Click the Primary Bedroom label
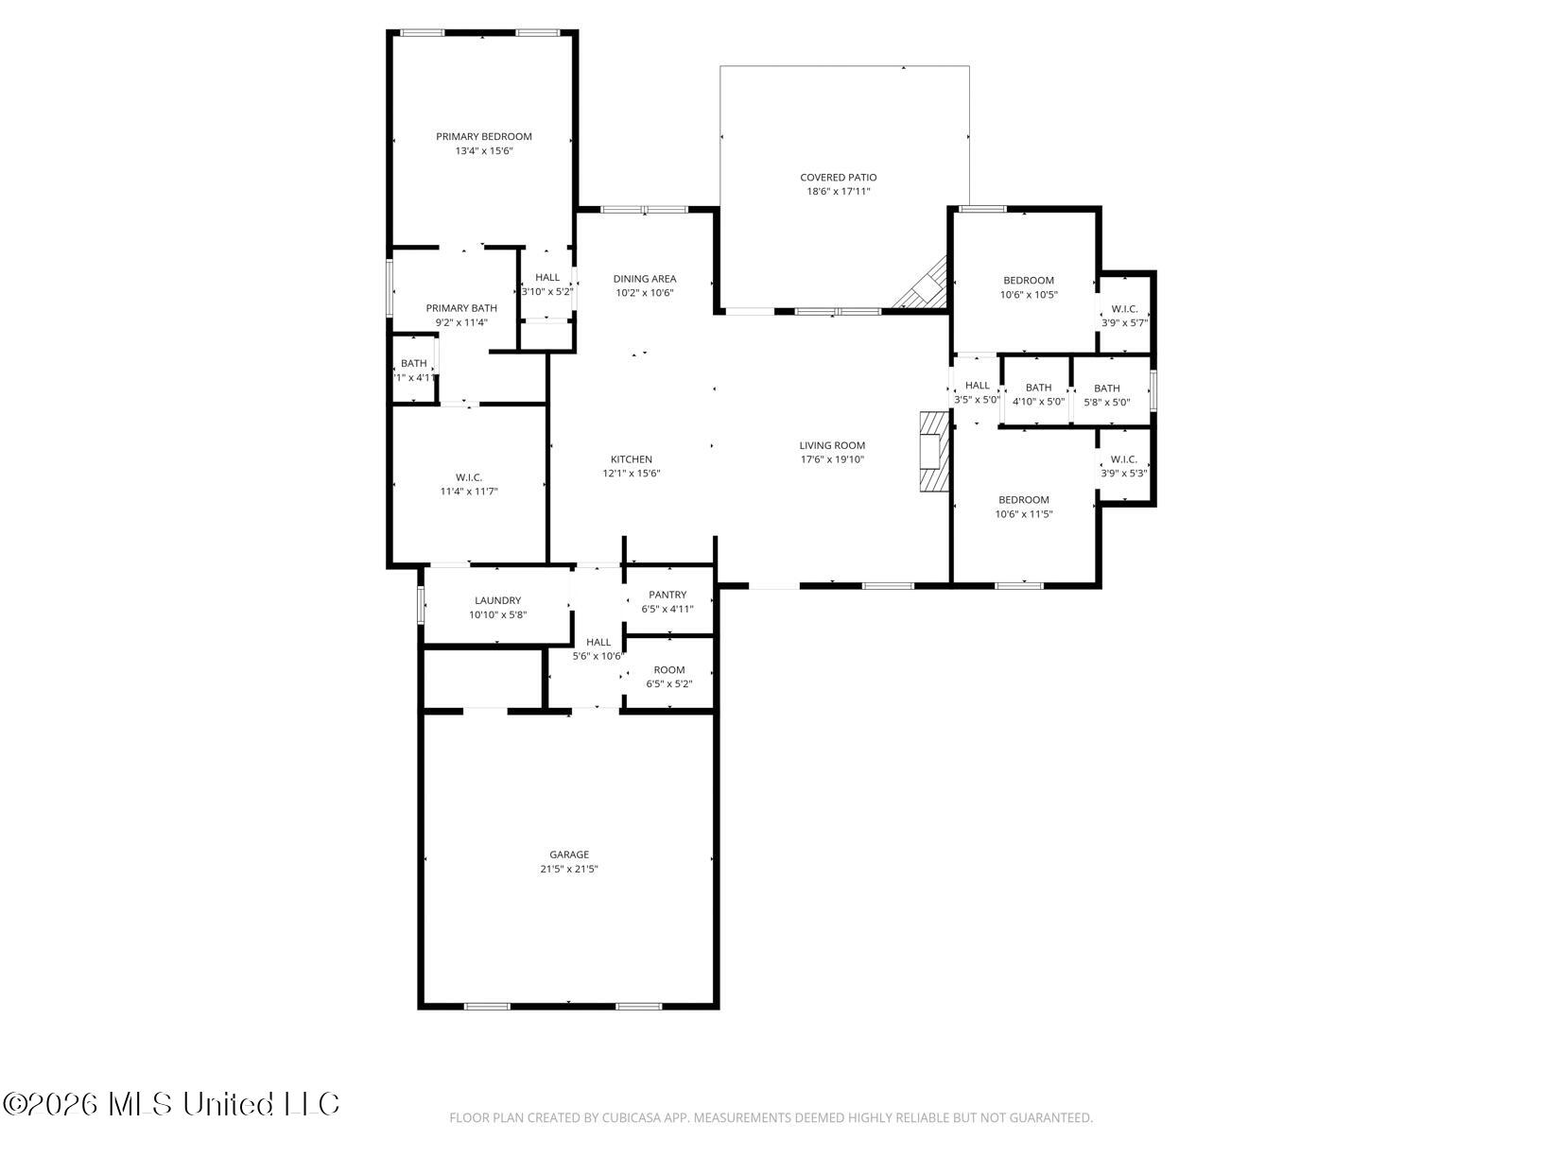click(x=483, y=136)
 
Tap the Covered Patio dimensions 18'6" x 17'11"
click(x=838, y=191)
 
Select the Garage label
click(x=569, y=855)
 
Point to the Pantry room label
click(x=667, y=595)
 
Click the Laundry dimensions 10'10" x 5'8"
click(x=497, y=614)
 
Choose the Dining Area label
click(x=644, y=279)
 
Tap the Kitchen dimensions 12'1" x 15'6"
click(x=631, y=474)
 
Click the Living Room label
click(x=832, y=445)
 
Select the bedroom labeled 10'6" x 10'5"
click(x=1029, y=287)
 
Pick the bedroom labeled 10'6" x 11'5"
click(x=1023, y=507)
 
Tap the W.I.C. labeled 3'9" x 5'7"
click(x=1124, y=316)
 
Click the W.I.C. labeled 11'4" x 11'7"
click(x=469, y=484)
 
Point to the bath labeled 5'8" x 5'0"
click(x=1106, y=394)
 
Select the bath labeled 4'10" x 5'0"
click(x=1038, y=394)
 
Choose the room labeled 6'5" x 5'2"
click(x=669, y=677)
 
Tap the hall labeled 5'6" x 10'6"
click(x=598, y=648)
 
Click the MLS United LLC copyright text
click(x=172, y=1104)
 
